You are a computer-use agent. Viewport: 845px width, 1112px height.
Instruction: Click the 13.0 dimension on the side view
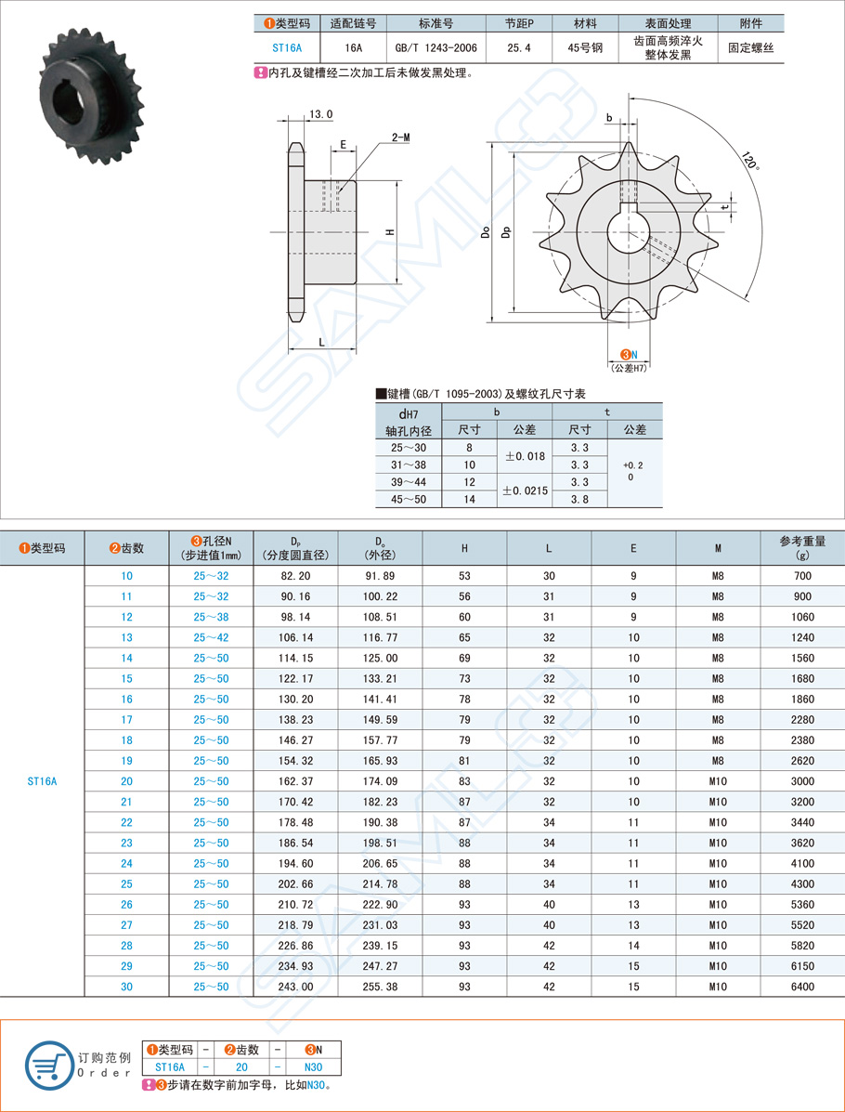point(320,114)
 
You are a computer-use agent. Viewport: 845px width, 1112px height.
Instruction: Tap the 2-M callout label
point(400,137)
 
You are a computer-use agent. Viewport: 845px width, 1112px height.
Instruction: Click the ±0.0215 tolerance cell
point(525,490)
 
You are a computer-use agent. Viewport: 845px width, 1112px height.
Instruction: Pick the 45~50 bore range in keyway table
point(409,499)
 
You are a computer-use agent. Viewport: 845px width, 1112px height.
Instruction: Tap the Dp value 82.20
point(294,576)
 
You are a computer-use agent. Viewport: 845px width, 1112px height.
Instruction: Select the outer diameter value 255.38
point(380,987)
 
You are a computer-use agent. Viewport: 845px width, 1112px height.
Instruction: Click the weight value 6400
point(802,987)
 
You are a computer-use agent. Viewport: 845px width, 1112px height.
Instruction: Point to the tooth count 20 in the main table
point(126,781)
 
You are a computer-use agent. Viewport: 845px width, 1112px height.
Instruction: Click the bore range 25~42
point(211,637)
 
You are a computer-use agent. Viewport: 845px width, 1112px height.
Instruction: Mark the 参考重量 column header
point(802,548)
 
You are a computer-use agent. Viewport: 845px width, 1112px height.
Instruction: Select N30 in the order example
point(313,1067)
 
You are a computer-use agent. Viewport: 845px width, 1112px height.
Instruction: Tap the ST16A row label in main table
point(42,781)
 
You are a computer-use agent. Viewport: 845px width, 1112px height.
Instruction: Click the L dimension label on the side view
point(321,342)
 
